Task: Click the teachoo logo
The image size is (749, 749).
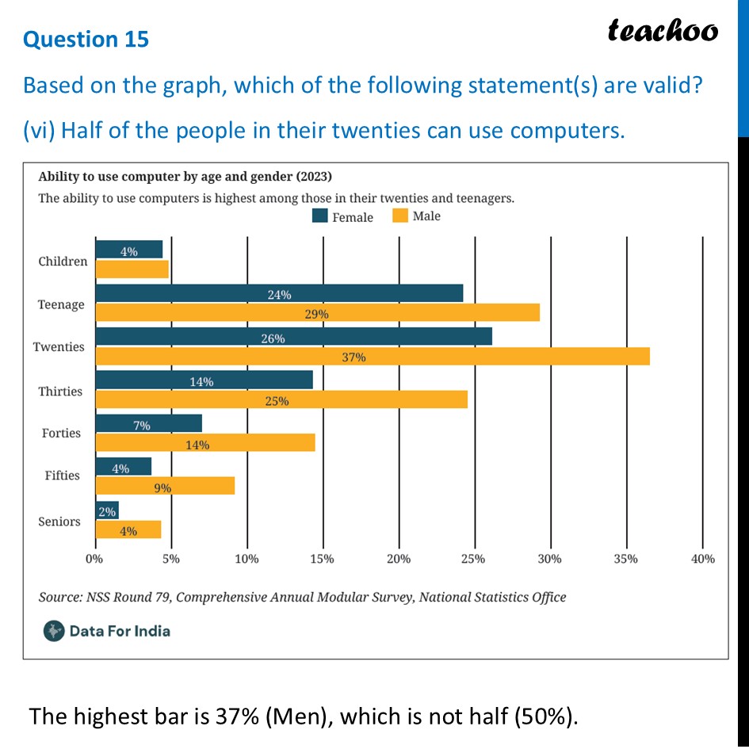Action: pyautogui.click(x=663, y=30)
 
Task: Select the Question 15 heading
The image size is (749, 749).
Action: pyautogui.click(x=86, y=39)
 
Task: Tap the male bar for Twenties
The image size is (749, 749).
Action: pyautogui.click(x=373, y=357)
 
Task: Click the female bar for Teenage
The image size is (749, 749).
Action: pyautogui.click(x=279, y=294)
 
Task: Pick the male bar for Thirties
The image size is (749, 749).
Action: pyautogui.click(x=281, y=400)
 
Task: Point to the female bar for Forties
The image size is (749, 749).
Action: pyautogui.click(x=148, y=422)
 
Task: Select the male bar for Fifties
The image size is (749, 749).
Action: pyautogui.click(x=165, y=486)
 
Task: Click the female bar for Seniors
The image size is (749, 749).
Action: pyautogui.click(x=107, y=511)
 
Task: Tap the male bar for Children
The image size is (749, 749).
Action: pyautogui.click(x=132, y=269)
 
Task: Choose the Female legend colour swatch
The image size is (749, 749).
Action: pyautogui.click(x=320, y=216)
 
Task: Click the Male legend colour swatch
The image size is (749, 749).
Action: pyautogui.click(x=399, y=216)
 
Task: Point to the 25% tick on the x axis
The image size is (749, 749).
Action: pyautogui.click(x=474, y=559)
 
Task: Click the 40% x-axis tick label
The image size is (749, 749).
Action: pyautogui.click(x=702, y=559)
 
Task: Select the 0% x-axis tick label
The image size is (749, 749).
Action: pyautogui.click(x=94, y=559)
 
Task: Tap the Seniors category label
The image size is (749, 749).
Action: pyautogui.click(x=59, y=522)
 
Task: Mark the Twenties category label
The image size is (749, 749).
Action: pyautogui.click(x=58, y=347)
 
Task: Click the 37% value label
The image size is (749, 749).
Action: pyautogui.click(x=354, y=357)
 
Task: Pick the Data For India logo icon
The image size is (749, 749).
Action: pyautogui.click(x=54, y=631)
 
